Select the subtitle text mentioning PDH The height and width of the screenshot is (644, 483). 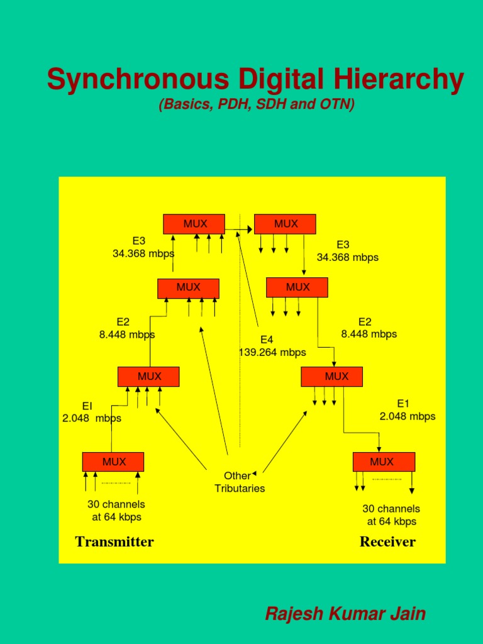(257, 104)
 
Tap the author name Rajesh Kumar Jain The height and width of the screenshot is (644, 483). (345, 613)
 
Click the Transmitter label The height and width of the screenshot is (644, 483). (114, 542)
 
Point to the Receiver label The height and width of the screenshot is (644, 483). (387, 542)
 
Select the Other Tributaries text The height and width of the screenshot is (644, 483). (240, 482)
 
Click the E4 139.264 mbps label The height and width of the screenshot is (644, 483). (272, 346)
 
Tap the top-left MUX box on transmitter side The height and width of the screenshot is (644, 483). (194, 224)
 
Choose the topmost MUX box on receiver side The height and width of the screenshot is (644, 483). (285, 224)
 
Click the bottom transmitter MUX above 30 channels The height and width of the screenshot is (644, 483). (113, 462)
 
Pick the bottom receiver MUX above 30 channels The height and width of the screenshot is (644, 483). (384, 462)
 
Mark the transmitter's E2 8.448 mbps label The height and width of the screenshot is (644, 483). (126, 328)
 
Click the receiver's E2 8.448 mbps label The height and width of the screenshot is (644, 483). (369, 328)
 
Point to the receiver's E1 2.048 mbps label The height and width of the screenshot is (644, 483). (408, 410)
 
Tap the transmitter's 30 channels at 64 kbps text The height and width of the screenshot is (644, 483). (116, 511)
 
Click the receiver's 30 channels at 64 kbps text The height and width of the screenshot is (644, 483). (391, 515)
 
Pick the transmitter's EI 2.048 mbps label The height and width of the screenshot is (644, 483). (92, 412)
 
